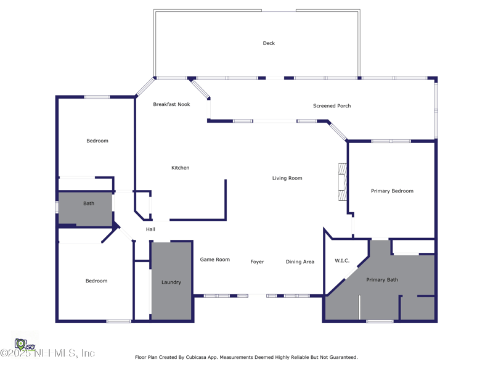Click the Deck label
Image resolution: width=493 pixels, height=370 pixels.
[x=269, y=43]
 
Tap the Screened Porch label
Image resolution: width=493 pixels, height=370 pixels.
[x=332, y=106]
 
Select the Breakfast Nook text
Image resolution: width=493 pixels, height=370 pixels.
[x=171, y=104]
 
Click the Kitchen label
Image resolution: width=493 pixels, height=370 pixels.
[x=180, y=168]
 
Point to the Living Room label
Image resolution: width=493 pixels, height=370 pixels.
[x=287, y=178]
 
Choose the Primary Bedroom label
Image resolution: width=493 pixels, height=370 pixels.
[x=392, y=191]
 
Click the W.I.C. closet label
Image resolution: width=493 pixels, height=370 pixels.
[x=341, y=261]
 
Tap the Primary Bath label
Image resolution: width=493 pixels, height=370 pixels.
[x=382, y=280]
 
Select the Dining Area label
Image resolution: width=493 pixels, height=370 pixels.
[x=299, y=262]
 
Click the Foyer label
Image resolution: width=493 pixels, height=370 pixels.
[x=257, y=262]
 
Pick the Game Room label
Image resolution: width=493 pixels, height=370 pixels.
[x=214, y=260]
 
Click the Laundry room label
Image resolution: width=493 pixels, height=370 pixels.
[x=171, y=282]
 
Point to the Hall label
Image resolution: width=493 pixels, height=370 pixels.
[x=150, y=229]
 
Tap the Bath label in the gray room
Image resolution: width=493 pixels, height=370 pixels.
[x=89, y=203]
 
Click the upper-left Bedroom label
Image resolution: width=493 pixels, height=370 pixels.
[x=97, y=141]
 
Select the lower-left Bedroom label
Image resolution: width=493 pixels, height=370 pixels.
[x=96, y=281]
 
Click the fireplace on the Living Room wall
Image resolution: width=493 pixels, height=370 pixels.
[x=343, y=181]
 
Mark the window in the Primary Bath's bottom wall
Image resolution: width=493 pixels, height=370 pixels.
[x=380, y=321]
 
